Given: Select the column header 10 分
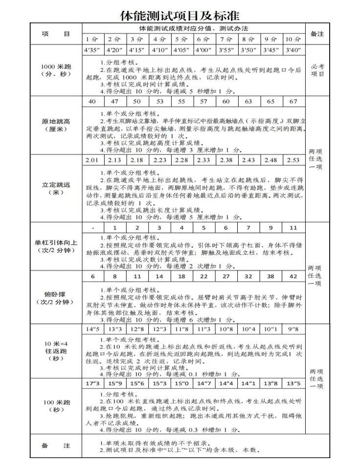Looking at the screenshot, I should pyautogui.click(x=293, y=39).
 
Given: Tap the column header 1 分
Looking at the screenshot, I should pyautogui.click(x=92, y=39).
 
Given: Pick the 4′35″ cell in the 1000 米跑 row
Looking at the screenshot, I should pyautogui.click(x=92, y=50).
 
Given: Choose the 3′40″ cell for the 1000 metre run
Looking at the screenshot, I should pyautogui.click(x=293, y=50).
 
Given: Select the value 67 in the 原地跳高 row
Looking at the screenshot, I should pyautogui.click(x=293, y=101).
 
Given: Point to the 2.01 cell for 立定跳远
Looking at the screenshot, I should pyautogui.click(x=92, y=160).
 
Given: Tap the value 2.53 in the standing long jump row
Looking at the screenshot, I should pyautogui.click(x=293, y=160).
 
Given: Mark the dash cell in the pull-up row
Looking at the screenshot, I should pyautogui.click(x=92, y=228).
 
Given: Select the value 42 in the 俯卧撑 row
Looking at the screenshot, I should pyautogui.click(x=293, y=276).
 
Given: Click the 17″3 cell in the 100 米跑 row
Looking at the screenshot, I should pyautogui.click(x=92, y=383).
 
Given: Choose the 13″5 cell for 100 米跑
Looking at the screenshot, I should pyautogui.click(x=293, y=383).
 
